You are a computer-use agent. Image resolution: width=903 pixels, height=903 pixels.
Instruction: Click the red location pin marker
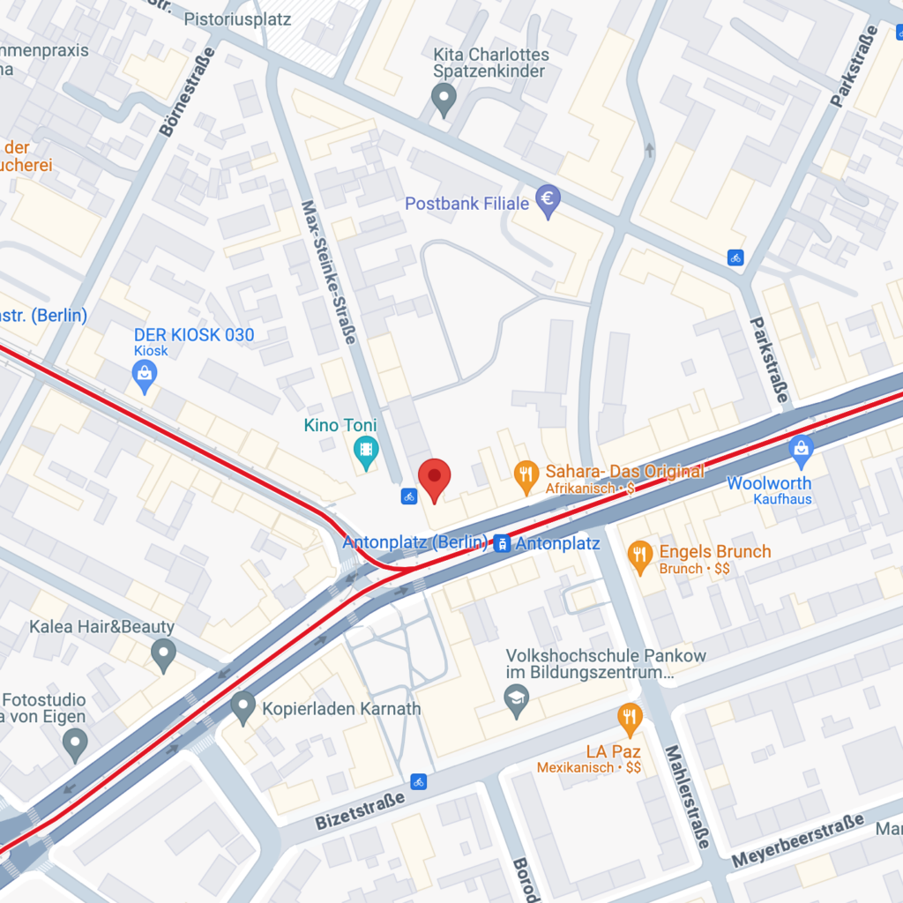coord(434,477)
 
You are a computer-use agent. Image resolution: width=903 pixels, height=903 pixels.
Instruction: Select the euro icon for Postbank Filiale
coord(549,202)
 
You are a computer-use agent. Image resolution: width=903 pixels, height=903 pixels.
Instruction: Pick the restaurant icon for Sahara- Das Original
coord(526,477)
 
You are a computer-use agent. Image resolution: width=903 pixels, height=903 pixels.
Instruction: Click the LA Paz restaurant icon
coord(629,718)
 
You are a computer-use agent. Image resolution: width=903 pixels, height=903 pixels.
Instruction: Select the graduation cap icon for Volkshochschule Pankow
coord(516,702)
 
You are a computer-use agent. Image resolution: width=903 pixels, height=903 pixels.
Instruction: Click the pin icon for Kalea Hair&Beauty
coord(163,655)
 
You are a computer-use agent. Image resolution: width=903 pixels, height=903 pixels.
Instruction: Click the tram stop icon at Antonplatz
coord(502,543)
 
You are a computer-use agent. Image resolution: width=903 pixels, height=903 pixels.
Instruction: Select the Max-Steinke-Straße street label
coord(328,272)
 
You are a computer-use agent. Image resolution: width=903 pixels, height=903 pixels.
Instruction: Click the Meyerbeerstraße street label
coord(797,842)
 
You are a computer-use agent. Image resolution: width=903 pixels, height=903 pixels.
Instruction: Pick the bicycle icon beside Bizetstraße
coord(419,781)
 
